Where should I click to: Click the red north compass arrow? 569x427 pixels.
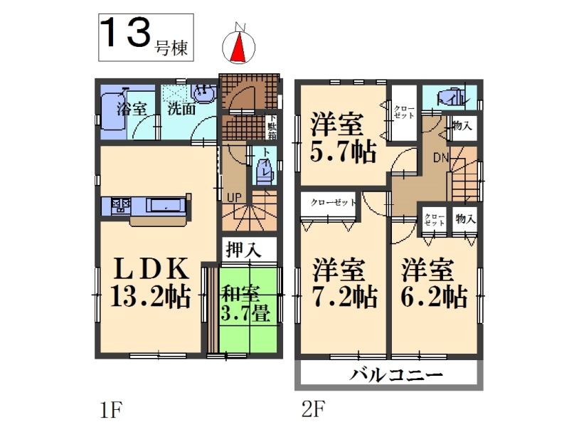(x=238, y=46)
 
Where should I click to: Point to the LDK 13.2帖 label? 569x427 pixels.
(x=150, y=283)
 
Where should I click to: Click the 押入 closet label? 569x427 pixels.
(x=242, y=250)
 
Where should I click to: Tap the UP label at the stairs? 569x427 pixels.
(x=233, y=196)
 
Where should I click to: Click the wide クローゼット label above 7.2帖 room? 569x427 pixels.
(x=333, y=202)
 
